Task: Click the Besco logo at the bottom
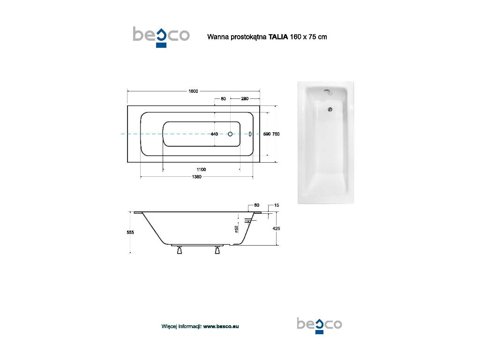[319, 325]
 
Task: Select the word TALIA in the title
[278, 37]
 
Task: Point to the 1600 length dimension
[193, 91]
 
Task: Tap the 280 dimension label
[245, 98]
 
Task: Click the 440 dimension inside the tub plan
[214, 134]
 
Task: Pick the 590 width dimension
[267, 134]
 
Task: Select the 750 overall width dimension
[276, 134]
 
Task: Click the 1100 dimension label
[201, 169]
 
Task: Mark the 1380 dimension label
[196, 177]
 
